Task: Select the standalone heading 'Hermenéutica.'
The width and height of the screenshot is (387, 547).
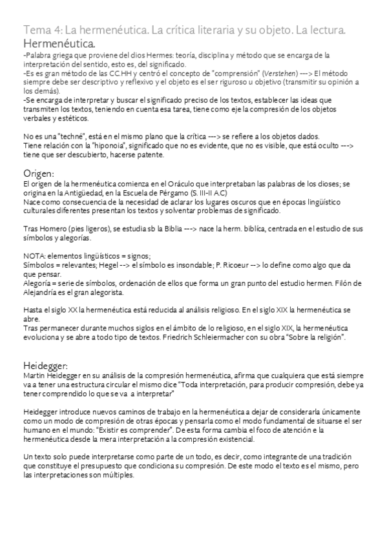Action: pyautogui.click(x=59, y=44)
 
